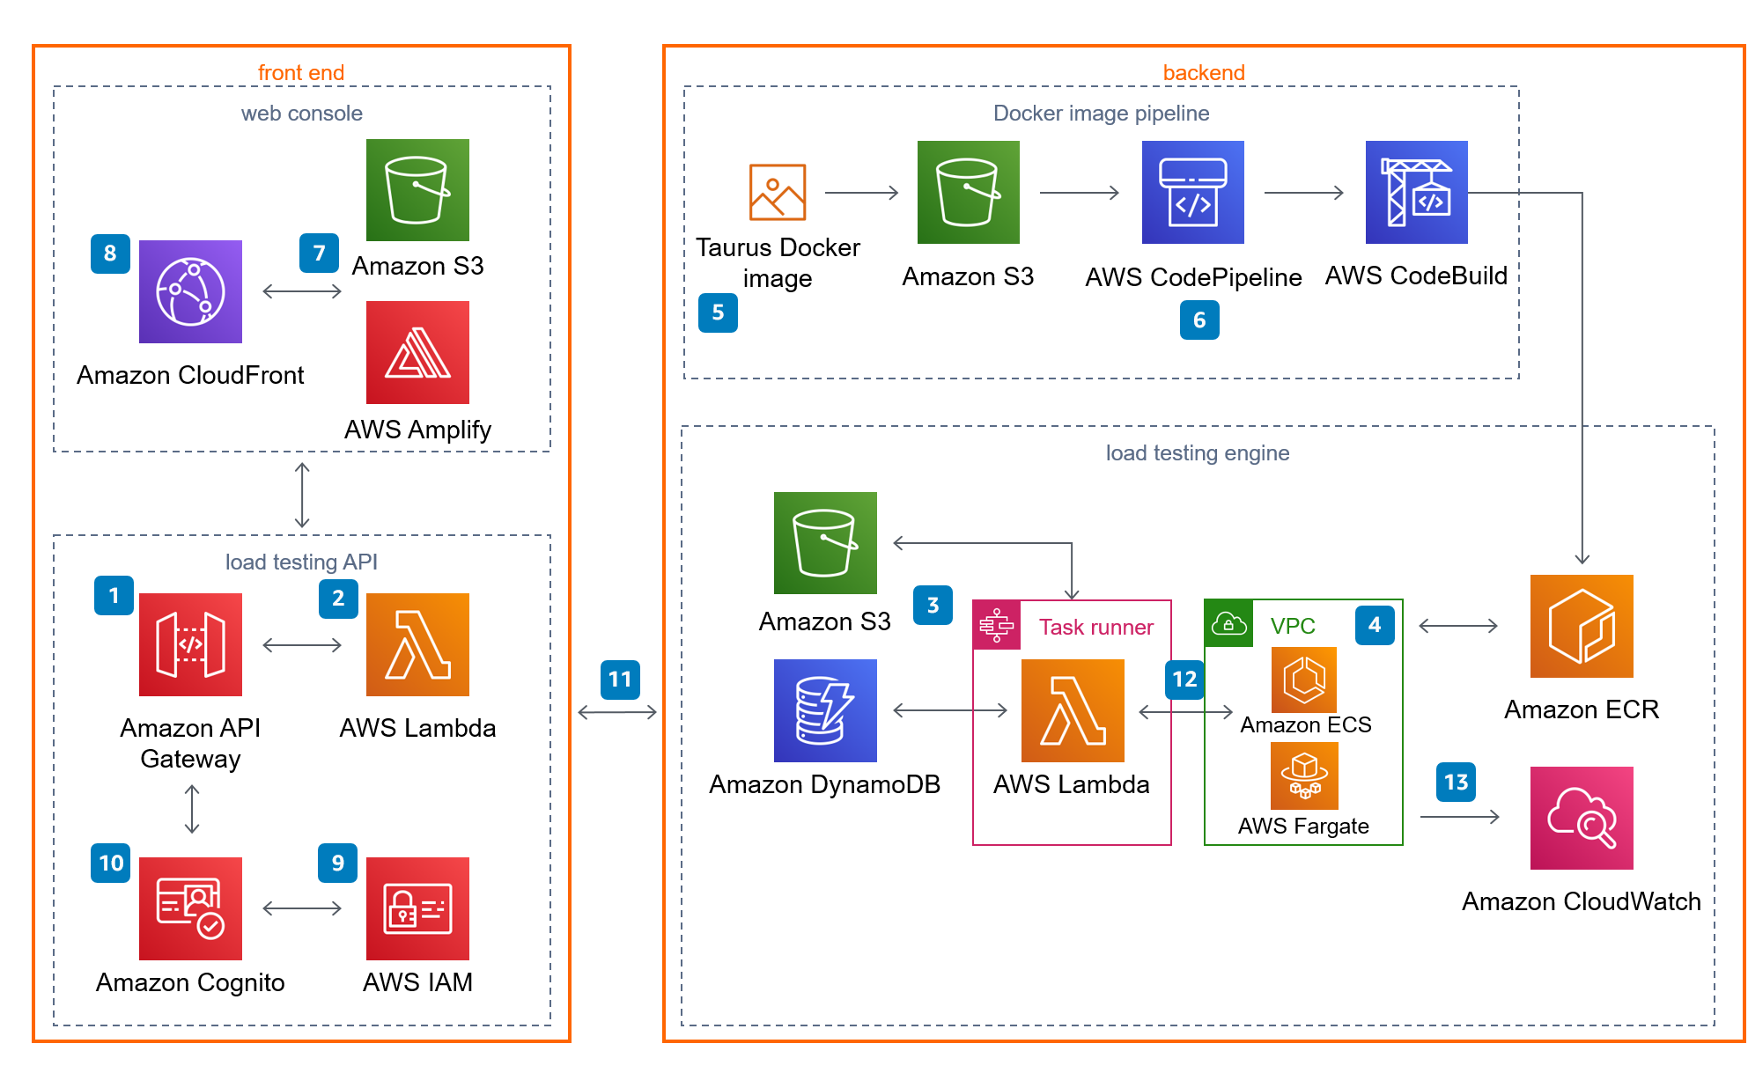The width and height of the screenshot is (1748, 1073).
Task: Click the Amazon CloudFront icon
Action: point(190,291)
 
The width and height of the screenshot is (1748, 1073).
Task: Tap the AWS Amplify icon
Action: point(417,352)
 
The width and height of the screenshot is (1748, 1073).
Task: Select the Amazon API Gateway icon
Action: point(190,644)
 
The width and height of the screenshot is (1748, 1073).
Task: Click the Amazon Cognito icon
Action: point(190,908)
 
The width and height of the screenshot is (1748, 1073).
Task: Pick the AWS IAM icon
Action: point(417,908)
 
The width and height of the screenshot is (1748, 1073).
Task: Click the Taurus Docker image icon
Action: point(778,192)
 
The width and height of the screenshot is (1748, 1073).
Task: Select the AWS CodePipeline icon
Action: point(1193,192)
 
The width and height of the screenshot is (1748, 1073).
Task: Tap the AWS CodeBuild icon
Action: point(1417,192)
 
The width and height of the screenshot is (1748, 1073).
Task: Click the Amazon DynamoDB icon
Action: point(825,710)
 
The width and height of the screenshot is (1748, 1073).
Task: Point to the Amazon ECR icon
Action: point(1582,626)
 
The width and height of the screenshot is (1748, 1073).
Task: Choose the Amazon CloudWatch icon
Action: point(1582,818)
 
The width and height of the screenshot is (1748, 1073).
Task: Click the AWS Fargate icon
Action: point(1304,775)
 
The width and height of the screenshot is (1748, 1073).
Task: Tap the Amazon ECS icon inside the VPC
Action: point(1304,680)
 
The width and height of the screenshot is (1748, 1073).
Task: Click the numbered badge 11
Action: point(620,680)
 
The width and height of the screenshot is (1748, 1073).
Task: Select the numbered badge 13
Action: point(1456,782)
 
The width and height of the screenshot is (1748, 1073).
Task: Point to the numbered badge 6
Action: point(1199,320)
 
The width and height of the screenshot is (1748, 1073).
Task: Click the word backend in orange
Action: point(1204,72)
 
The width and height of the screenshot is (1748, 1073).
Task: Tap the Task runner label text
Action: point(1096,627)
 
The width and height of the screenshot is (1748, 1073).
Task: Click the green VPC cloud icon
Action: point(1228,624)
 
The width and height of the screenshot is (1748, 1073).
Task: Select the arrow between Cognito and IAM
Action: point(302,908)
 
